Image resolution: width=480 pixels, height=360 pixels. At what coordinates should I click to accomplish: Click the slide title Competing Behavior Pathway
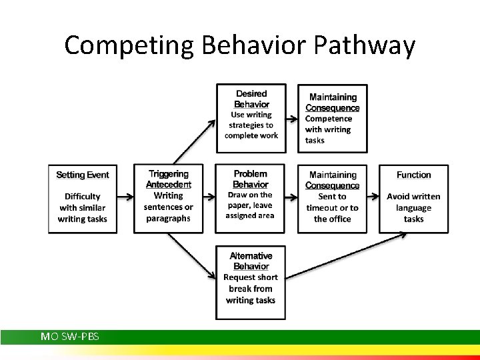[240, 45]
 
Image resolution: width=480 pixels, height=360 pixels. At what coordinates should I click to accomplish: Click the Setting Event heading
[83, 175]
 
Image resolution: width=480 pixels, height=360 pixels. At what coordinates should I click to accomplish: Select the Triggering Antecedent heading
[168, 179]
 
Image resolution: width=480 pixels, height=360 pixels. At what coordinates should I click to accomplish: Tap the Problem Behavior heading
[251, 179]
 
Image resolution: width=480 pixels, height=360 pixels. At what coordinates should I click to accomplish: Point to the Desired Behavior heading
[251, 99]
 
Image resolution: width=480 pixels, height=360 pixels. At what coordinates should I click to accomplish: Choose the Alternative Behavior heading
[251, 261]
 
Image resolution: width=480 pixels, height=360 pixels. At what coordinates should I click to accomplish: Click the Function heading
[414, 175]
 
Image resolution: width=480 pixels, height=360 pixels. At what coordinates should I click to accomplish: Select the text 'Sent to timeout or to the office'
[332, 207]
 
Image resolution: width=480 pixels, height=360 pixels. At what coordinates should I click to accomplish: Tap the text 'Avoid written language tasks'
[413, 207]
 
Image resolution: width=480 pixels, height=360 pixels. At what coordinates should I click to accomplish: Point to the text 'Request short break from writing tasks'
[251, 289]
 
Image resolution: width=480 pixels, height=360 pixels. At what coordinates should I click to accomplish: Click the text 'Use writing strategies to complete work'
[251, 125]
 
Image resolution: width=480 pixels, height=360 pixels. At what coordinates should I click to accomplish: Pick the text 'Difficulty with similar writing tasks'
[83, 207]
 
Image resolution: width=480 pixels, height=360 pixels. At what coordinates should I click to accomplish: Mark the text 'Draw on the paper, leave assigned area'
[250, 205]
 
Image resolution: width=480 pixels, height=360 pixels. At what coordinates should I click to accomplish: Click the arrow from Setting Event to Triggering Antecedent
[125, 198]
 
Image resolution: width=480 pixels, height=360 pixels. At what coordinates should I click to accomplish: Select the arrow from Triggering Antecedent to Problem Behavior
[209, 198]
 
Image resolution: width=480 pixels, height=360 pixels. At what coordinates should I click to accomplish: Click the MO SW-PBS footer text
[70, 337]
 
